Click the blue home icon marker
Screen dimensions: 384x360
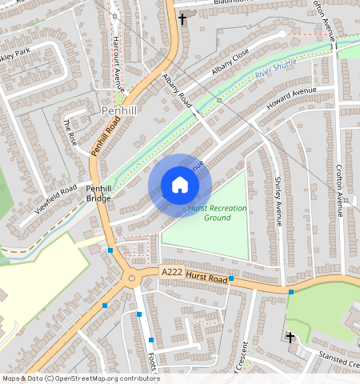click(180, 186)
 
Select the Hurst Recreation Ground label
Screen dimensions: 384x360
click(217, 212)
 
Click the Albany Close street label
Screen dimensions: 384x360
click(231, 62)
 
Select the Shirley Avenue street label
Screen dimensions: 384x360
click(279, 201)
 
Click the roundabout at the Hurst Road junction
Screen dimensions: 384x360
click(130, 279)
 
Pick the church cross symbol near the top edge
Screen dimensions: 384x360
click(182, 18)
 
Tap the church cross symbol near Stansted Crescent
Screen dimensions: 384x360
click(290, 338)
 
